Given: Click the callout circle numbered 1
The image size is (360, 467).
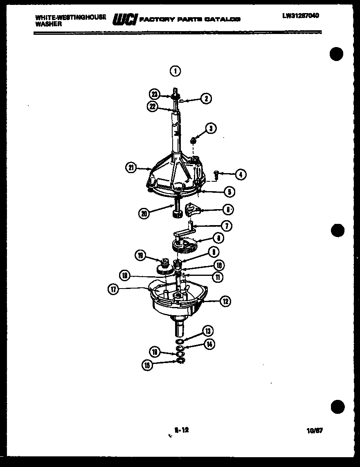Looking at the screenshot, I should coord(175,71).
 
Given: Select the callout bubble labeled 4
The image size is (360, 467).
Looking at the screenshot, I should coord(241,175).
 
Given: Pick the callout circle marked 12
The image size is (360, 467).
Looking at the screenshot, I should coord(225,301).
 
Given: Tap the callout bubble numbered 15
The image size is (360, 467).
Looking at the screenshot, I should coord(146,365).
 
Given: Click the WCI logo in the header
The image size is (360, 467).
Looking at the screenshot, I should coord(124,19).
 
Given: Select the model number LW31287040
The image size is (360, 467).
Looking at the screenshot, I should coord(300,16).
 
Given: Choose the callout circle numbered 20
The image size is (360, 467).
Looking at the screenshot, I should coord(143,213).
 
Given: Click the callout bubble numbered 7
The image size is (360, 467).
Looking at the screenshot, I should coord(225,225).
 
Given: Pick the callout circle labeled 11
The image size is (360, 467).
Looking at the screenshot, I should coord(218,277).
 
